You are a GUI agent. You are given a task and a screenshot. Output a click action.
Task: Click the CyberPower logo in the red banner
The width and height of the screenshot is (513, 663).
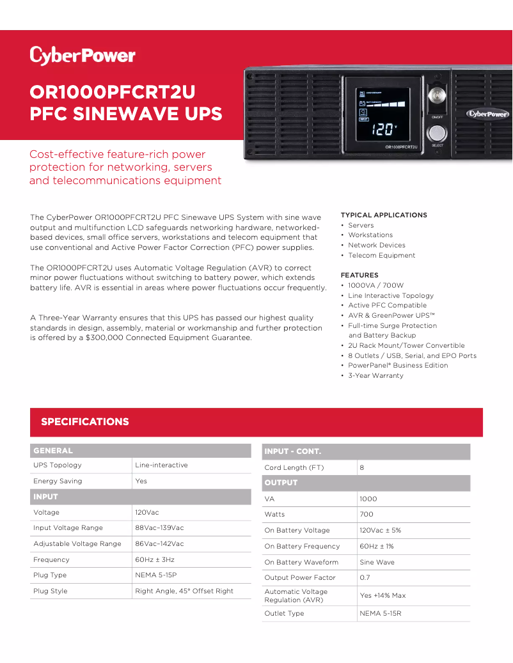point(83,56)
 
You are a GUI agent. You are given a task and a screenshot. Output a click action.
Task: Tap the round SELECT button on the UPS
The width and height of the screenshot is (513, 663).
point(437,133)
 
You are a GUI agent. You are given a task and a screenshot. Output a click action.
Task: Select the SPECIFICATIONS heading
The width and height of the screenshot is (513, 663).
point(85,422)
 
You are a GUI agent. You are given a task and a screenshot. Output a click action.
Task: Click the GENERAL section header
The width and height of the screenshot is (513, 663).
point(53,451)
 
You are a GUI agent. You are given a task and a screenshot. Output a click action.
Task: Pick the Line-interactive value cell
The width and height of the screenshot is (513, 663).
point(161,465)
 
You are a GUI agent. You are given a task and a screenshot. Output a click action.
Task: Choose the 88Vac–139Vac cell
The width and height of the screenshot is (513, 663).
point(159,528)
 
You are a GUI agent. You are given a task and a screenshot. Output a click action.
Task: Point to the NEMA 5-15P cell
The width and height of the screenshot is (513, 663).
point(155,575)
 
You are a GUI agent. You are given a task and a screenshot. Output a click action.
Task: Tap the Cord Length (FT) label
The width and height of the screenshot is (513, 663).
point(294,468)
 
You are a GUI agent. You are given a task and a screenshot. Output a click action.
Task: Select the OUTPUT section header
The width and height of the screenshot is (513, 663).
point(281,483)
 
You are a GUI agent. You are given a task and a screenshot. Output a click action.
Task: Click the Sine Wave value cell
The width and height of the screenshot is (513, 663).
point(377,563)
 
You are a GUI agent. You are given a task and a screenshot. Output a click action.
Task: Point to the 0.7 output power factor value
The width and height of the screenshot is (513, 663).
point(365,578)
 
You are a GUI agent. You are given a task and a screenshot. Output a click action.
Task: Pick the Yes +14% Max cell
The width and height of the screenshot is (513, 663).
point(383,596)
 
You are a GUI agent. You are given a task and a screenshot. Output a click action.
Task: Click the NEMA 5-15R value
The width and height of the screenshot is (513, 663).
point(381,614)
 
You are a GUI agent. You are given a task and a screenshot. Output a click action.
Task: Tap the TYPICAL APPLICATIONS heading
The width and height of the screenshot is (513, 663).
point(384,215)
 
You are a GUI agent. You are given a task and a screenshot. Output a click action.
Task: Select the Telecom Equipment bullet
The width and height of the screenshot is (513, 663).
point(381,256)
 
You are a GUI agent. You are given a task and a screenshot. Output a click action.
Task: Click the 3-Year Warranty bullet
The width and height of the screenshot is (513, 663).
point(375,376)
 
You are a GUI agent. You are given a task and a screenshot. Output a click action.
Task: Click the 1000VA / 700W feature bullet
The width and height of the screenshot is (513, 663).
point(375,286)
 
